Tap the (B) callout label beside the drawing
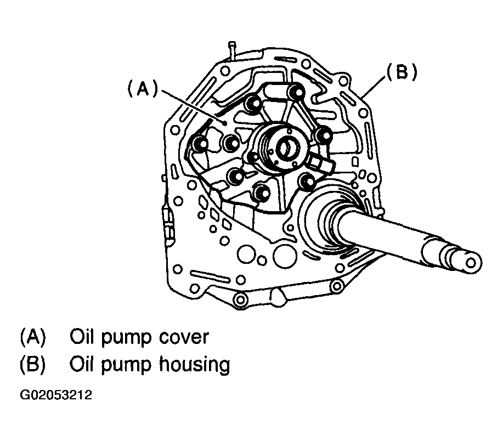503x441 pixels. coord(401,73)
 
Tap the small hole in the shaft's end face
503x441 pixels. coord(471,262)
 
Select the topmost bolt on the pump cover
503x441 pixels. coord(297,92)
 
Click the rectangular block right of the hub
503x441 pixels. coord(320,162)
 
